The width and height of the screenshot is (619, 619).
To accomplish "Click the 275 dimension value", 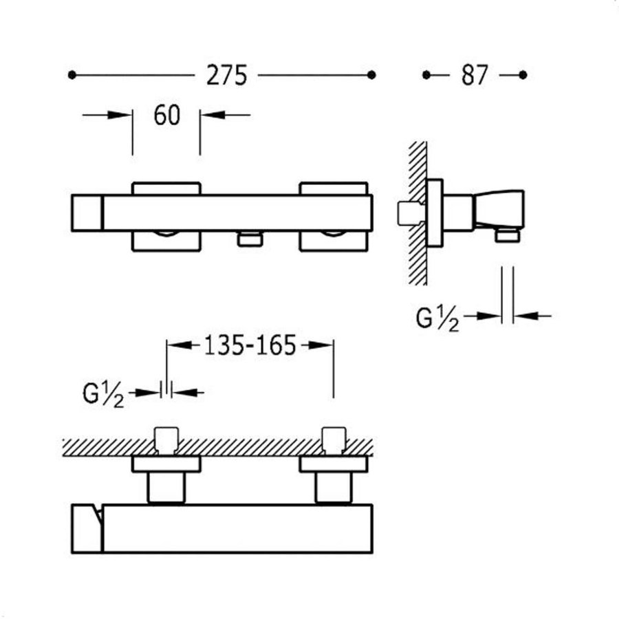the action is (x=226, y=75).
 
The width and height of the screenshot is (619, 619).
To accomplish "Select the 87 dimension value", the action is (x=474, y=75).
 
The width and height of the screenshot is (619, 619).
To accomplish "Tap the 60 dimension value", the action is (x=166, y=115).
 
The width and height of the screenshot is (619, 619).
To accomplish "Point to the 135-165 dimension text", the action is (x=250, y=345).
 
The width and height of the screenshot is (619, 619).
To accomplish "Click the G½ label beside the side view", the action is (x=437, y=319).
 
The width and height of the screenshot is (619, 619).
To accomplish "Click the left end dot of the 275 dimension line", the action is (x=72, y=75).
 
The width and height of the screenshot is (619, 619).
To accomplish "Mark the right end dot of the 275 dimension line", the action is (x=371, y=75).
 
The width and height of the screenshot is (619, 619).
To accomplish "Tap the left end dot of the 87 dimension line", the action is (x=426, y=75).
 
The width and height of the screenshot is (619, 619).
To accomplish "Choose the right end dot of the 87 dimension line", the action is (x=523, y=75).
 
